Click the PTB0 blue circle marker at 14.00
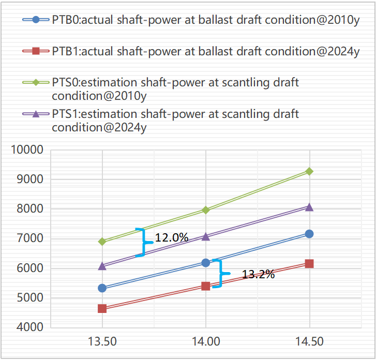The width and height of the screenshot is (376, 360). tap(206, 263)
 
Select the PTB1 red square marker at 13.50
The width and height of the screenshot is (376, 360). tap(102, 308)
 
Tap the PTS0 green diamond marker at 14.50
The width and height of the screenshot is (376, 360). tap(309, 171)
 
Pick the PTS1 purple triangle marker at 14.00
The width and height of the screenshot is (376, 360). tap(206, 236)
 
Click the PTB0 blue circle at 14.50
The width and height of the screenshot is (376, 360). tap(309, 234)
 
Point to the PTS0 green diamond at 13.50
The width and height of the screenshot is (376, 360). tap(102, 242)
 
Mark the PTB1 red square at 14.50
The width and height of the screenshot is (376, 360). tap(309, 263)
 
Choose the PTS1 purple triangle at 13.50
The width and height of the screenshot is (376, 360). tap(102, 266)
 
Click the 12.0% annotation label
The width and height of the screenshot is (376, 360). tap(172, 237)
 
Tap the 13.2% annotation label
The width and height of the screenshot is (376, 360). tap(258, 275)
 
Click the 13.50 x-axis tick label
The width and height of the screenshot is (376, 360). tap(102, 342)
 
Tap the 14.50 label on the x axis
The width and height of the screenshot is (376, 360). tap(309, 342)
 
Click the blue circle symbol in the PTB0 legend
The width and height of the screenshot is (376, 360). tap(36, 20)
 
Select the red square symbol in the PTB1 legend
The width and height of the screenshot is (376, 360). tap(36, 51)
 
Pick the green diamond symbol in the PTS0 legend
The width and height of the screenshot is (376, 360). tap(36, 82)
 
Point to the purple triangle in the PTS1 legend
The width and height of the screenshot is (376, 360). tap(36, 114)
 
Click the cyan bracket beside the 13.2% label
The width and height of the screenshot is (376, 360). tap(220, 274)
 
